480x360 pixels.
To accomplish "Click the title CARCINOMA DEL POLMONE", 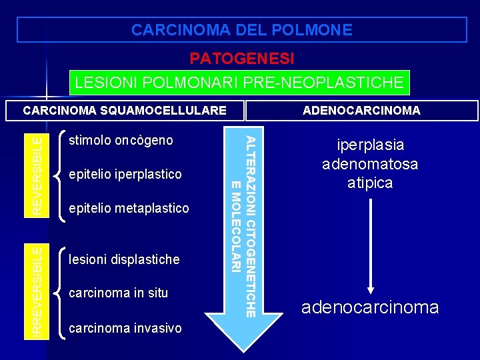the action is [241, 30].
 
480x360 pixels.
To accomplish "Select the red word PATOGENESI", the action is [241, 59].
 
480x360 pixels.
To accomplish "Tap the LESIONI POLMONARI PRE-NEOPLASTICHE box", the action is [239, 83].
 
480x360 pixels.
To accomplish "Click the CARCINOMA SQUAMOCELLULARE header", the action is [124, 110].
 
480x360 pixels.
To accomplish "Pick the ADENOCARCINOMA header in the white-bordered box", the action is [361, 111].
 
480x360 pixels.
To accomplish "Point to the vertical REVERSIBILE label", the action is [40, 173].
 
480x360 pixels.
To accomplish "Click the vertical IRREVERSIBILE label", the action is [40, 291].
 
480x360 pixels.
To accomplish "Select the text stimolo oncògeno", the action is [121, 141].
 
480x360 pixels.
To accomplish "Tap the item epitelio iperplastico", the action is [125, 175].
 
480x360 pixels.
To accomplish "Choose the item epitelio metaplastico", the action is [129, 208].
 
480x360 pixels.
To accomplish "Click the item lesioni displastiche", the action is [124, 259].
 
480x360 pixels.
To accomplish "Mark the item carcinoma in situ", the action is [119, 293].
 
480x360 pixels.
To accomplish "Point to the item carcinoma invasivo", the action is [125, 327].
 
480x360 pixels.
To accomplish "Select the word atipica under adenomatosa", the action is [370, 183].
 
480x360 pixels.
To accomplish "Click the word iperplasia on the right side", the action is [371, 145].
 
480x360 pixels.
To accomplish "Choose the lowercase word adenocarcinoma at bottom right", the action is [370, 307].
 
